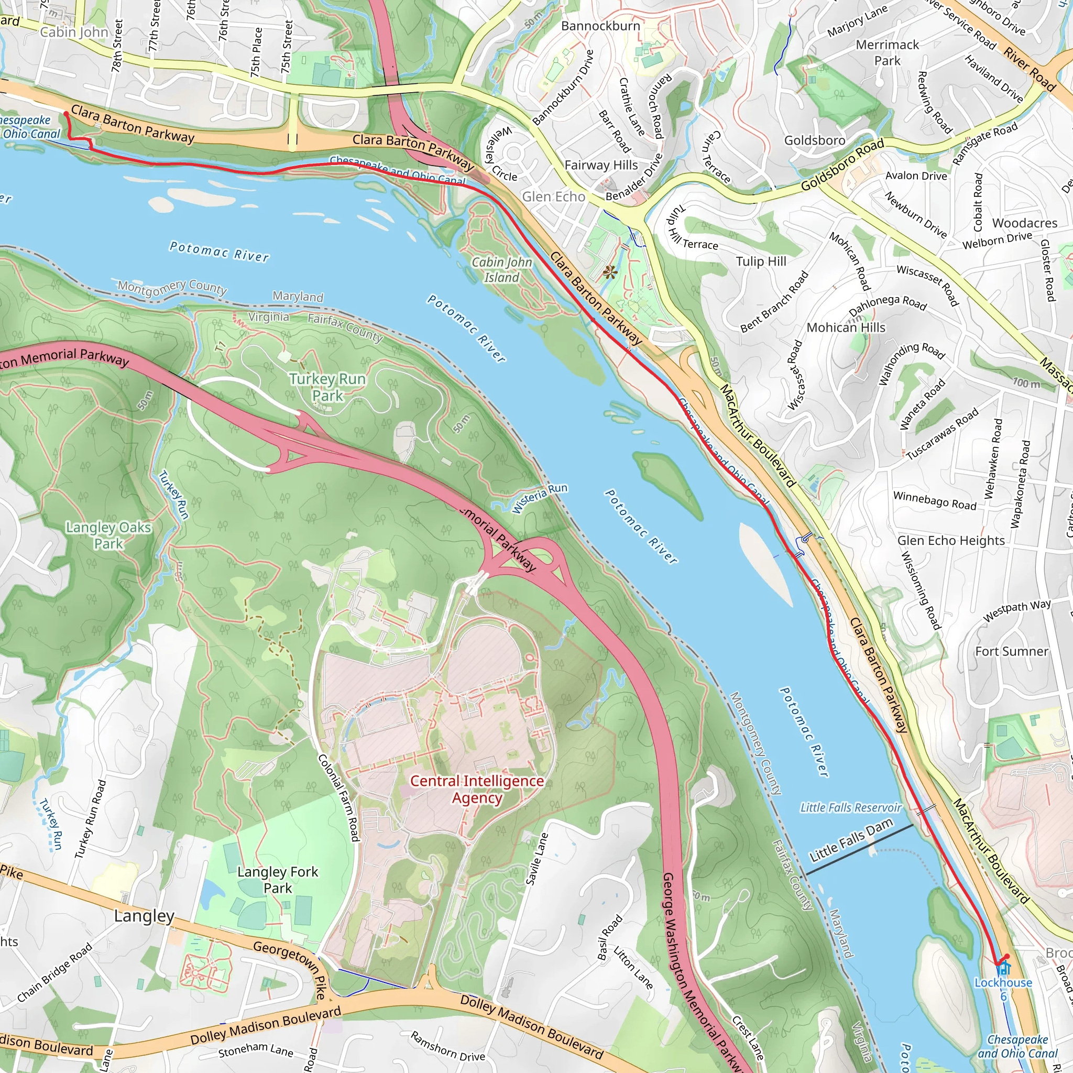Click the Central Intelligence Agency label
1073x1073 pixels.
(477, 789)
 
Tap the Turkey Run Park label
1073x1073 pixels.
(327, 387)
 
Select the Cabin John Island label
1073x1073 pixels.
(501, 269)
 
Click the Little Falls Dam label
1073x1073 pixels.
(850, 840)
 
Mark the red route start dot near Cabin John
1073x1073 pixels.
(66, 114)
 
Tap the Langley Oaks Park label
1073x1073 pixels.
(108, 535)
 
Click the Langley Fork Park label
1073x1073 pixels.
(278, 880)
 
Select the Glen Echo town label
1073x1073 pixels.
(553, 196)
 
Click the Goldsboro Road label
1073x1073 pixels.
(842, 166)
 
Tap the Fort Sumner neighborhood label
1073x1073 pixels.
(1011, 651)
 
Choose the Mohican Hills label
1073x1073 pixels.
(846, 327)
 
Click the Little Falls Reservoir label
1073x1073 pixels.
(850, 807)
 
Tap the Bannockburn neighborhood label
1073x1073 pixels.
(600, 26)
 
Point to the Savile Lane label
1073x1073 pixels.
(536, 859)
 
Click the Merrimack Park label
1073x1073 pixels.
(887, 52)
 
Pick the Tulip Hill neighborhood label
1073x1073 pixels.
(761, 261)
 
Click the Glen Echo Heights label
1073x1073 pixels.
(951, 540)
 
